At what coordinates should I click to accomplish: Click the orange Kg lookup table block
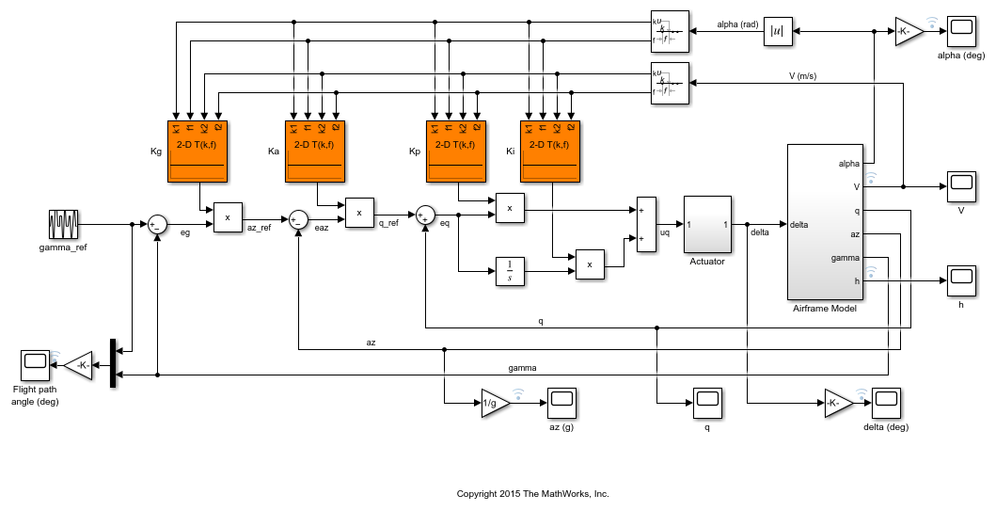(x=199, y=152)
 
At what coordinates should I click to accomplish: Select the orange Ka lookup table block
(x=317, y=152)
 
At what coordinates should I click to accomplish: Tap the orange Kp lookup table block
(x=458, y=152)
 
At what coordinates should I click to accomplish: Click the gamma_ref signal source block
(x=63, y=225)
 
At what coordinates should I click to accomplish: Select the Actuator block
(x=707, y=225)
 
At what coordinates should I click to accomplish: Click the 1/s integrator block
(x=509, y=271)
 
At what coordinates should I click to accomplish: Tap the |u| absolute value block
(x=779, y=31)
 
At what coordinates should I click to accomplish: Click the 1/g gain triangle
(x=494, y=402)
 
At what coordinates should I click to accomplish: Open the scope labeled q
(x=706, y=402)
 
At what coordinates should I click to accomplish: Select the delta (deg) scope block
(x=885, y=402)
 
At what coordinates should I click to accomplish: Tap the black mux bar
(x=113, y=362)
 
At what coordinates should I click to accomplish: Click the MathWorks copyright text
(x=532, y=493)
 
